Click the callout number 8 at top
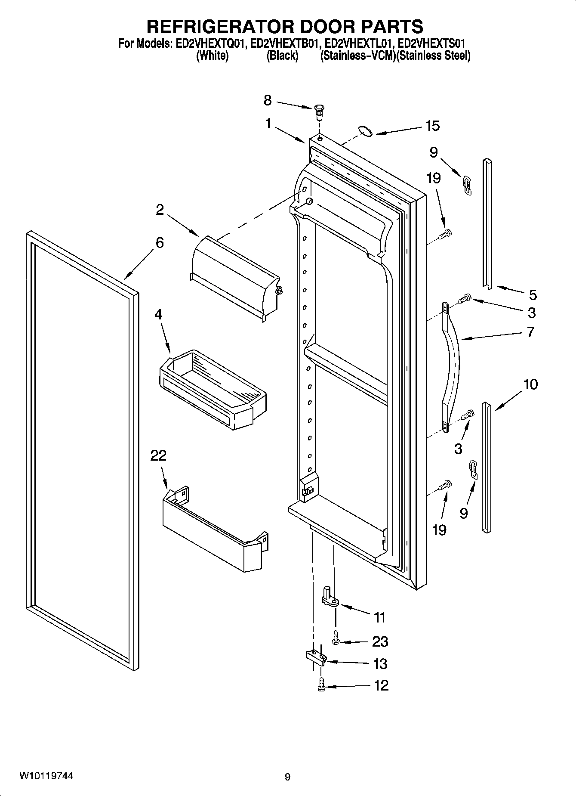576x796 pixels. tap(268, 101)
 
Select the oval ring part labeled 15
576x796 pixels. tap(366, 131)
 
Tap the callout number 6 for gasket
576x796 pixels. tap(160, 243)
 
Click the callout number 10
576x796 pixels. tap(531, 384)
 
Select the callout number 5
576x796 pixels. tap(533, 295)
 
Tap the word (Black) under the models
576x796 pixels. tap(282, 56)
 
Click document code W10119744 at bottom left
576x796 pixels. tap(46, 776)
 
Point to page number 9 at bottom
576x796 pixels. tap(287, 777)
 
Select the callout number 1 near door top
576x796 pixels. tap(268, 124)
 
